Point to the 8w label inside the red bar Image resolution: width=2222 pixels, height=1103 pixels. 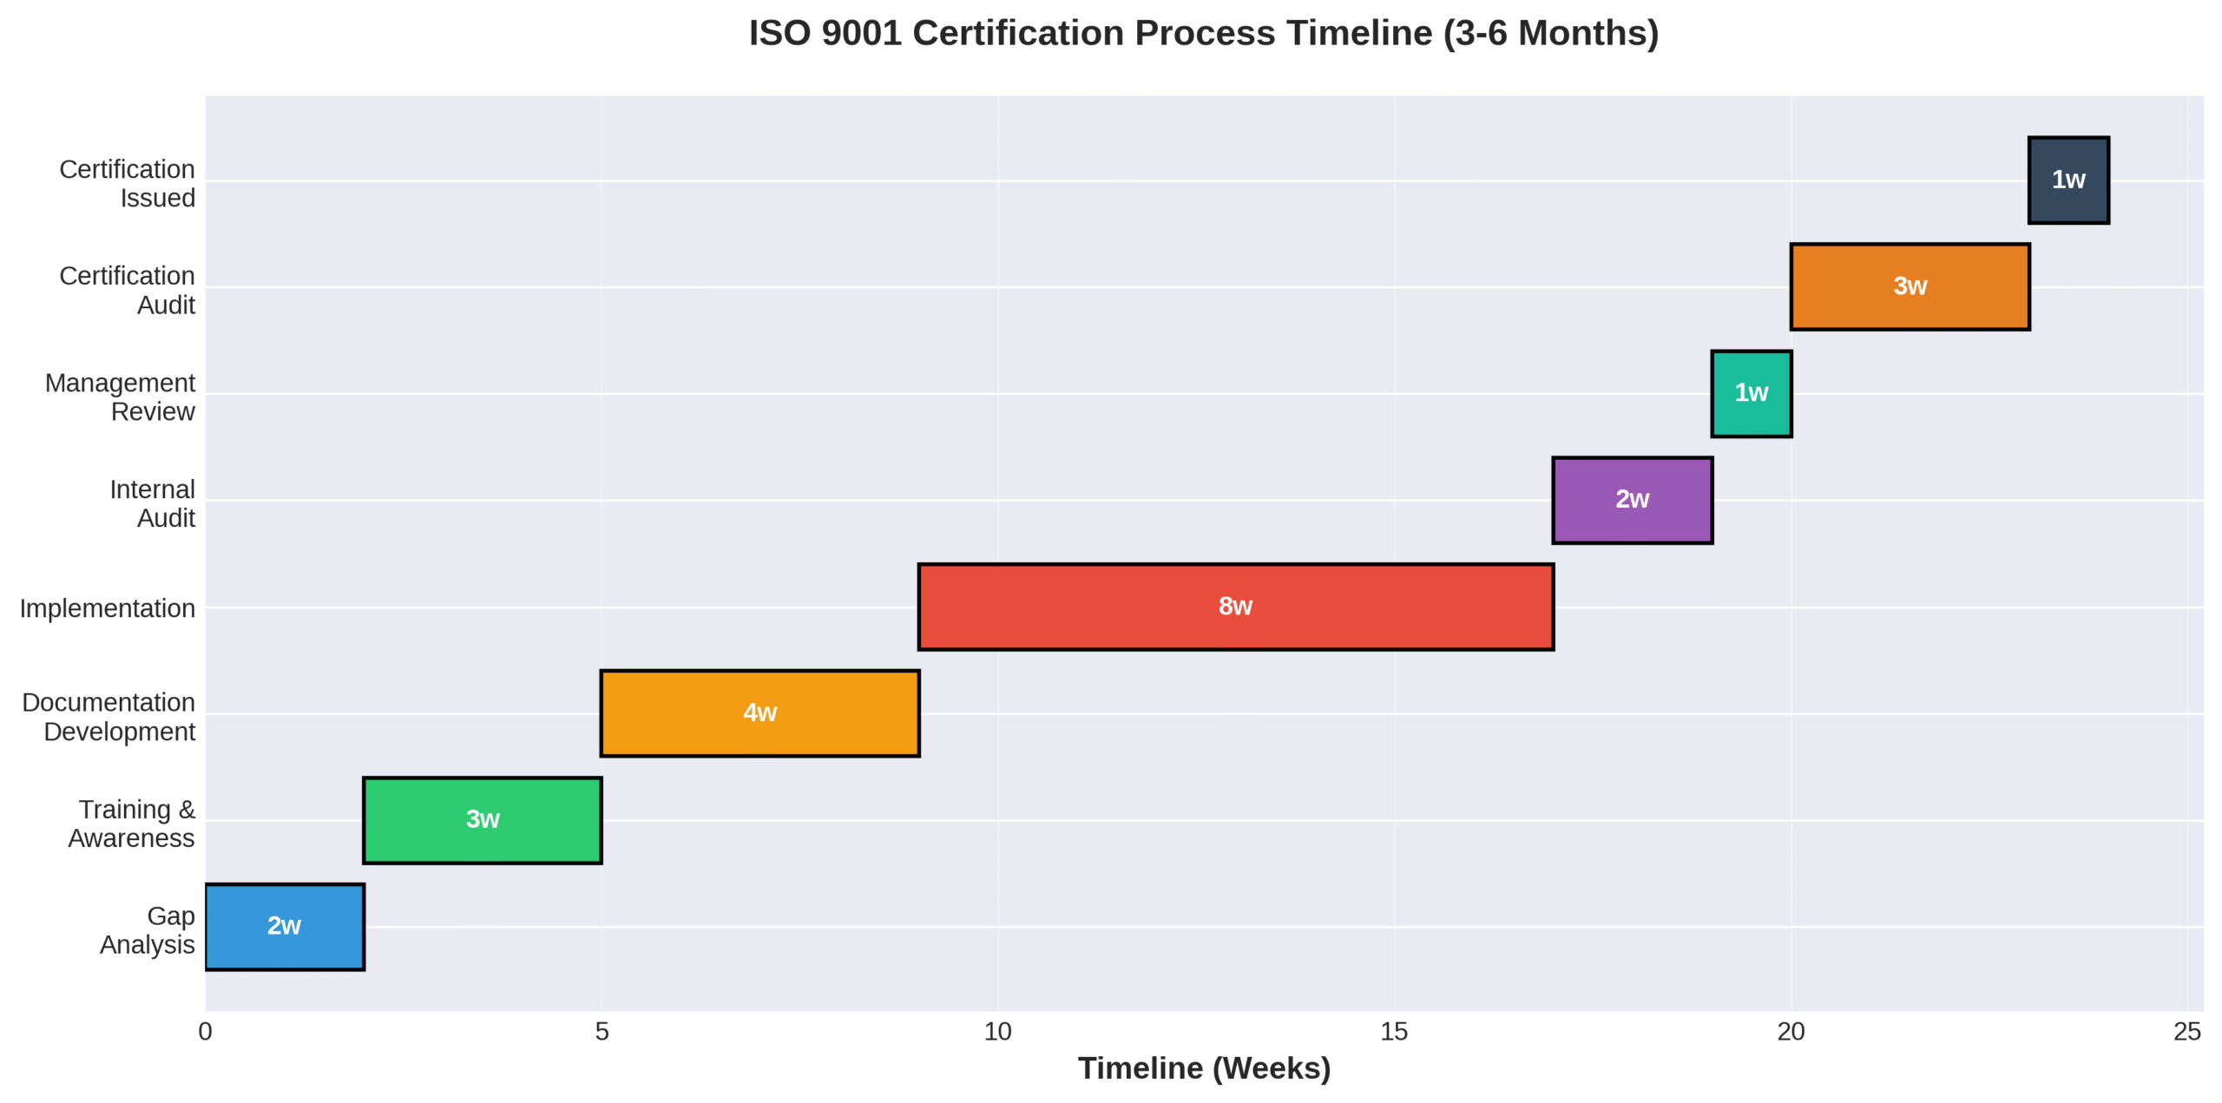point(1235,606)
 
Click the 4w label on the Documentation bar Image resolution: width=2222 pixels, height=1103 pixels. point(759,712)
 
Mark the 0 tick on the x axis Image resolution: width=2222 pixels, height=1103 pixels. point(206,1031)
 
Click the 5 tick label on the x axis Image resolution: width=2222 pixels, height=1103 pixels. point(602,1031)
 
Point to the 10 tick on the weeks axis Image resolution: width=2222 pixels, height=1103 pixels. point(997,1031)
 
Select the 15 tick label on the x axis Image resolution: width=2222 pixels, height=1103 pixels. point(1394,1031)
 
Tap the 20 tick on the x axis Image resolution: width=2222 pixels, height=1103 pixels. point(1791,1031)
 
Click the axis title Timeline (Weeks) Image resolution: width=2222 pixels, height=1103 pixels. point(1204,1068)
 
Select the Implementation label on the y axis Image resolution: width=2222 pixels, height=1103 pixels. point(108,608)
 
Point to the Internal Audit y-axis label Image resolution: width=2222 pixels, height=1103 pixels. point(152,503)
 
